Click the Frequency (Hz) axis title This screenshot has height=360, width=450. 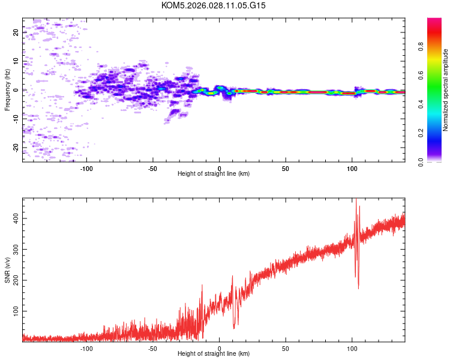pyautogui.click(x=7, y=90)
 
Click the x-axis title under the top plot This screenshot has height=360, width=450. pyautogui.click(x=214, y=174)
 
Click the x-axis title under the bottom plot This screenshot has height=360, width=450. pyautogui.click(x=214, y=354)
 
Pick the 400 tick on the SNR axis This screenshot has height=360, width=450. pyautogui.click(x=14, y=218)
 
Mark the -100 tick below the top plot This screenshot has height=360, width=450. pyautogui.click(x=86, y=167)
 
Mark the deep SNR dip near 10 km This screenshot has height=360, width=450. pyautogui.click(x=234, y=326)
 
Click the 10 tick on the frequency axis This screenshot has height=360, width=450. pyautogui.click(x=16, y=61)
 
